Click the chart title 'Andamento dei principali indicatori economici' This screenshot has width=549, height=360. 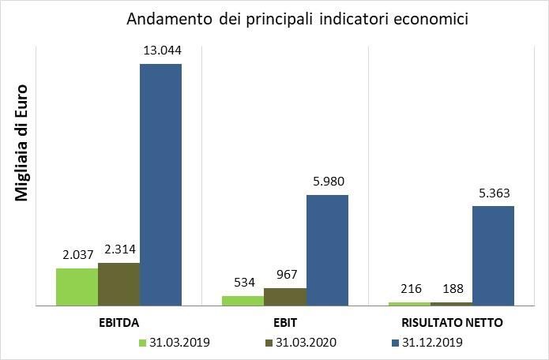[297, 18]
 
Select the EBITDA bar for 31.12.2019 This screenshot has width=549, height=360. [160, 184]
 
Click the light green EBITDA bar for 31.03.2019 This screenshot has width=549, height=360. [77, 287]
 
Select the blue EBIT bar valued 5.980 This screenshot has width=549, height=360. [327, 249]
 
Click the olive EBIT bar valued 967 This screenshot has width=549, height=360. [285, 297]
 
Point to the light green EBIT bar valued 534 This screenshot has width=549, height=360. [243, 301]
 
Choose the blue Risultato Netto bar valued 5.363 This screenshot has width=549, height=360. [493, 255]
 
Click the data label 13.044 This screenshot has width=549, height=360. [161, 51]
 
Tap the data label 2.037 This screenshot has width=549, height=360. [77, 256]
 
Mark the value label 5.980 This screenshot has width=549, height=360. [327, 182]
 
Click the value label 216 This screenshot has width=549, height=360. [410, 290]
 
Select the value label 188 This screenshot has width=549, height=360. [452, 290]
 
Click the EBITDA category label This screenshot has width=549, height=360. [118, 323]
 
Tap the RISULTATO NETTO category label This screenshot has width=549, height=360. [452, 323]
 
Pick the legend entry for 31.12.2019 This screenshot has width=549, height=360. [427, 343]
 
